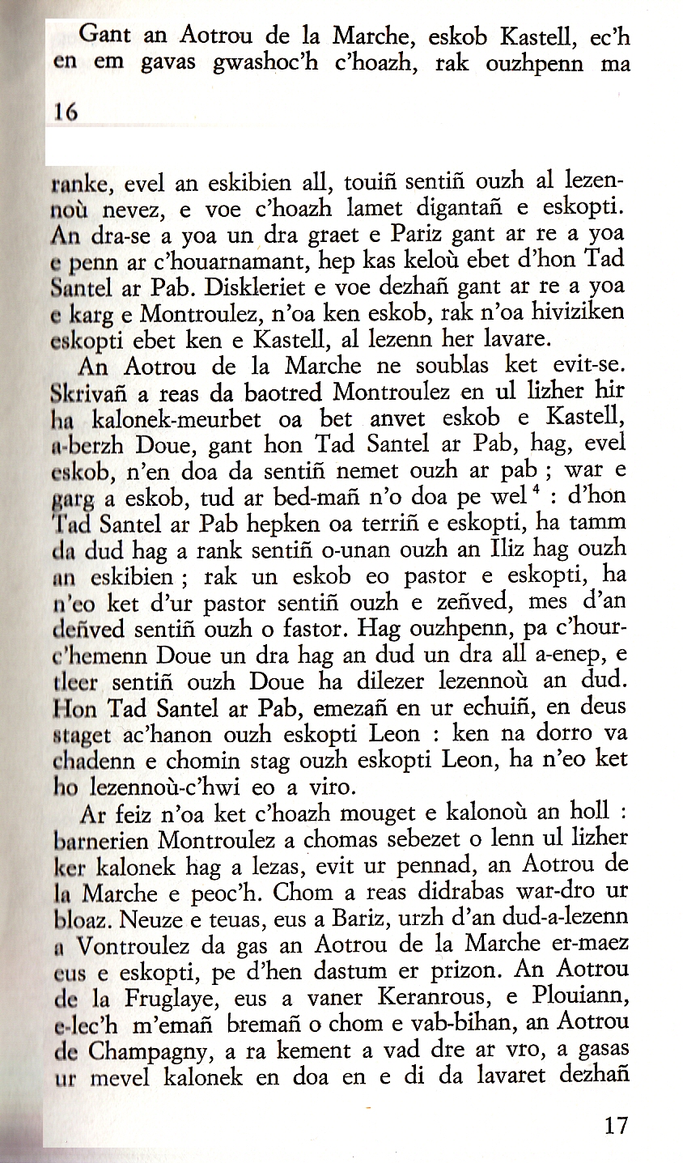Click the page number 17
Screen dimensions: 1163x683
click(x=616, y=1126)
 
